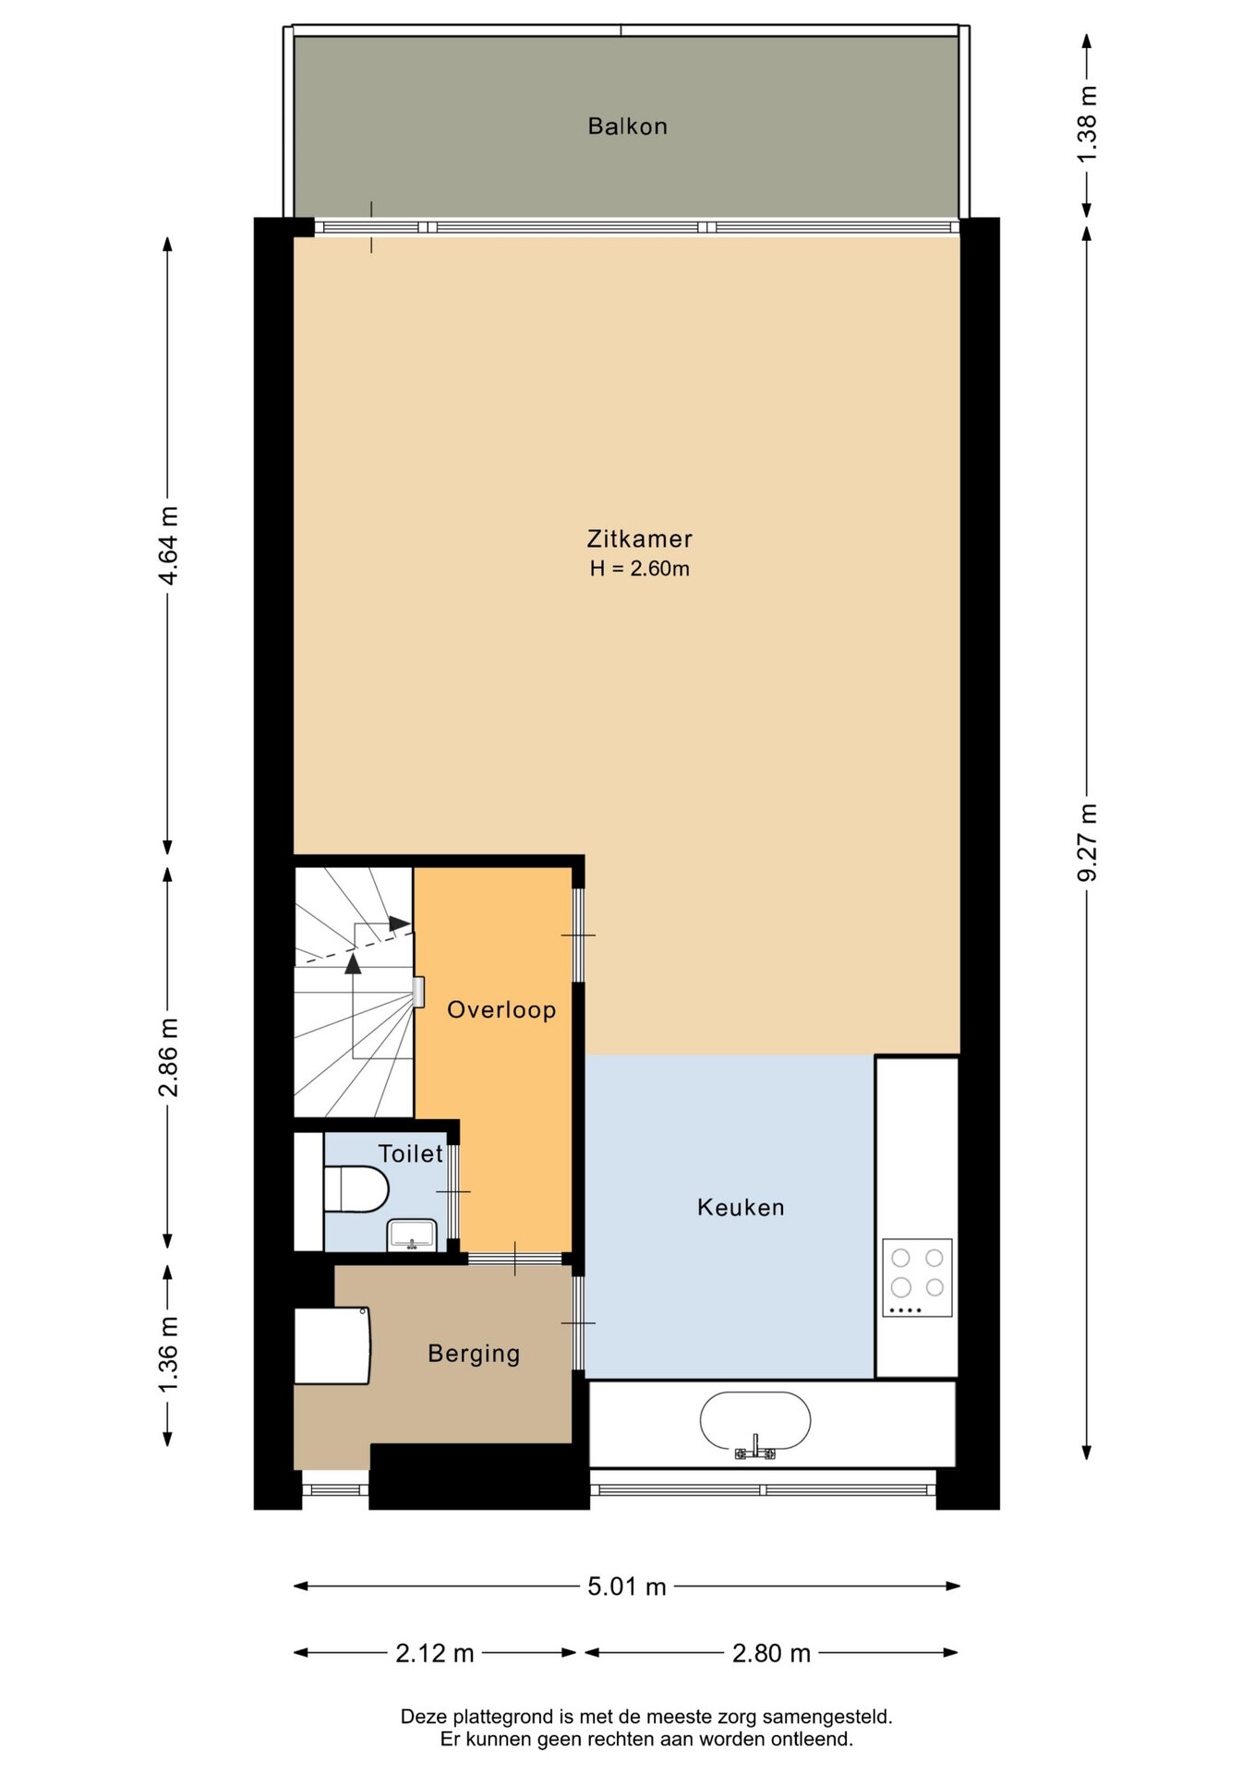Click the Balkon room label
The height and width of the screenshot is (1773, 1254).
(x=627, y=127)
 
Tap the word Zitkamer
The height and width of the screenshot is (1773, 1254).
(x=639, y=538)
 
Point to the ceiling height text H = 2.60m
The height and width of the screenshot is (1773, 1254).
(x=639, y=569)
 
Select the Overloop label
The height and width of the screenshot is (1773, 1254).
(x=501, y=1009)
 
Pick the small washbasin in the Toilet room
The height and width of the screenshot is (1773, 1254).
(x=412, y=1235)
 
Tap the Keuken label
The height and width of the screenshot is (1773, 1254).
(x=741, y=1207)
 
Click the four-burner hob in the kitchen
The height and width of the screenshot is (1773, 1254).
(x=917, y=1277)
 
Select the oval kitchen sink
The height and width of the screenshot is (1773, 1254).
(x=755, y=1422)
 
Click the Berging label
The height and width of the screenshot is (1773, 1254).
(x=474, y=1354)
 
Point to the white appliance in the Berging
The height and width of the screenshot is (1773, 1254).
(x=332, y=1345)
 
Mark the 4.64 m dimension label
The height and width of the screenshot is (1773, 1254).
(x=168, y=545)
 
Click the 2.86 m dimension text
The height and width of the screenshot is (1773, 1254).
(x=168, y=1057)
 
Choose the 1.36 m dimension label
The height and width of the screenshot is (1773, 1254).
(x=168, y=1355)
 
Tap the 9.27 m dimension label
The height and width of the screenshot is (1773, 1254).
(x=1087, y=842)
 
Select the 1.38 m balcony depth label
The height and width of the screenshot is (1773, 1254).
(x=1087, y=124)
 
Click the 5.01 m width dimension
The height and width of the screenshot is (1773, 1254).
(x=627, y=1586)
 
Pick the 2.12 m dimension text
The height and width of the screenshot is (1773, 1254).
(x=435, y=1653)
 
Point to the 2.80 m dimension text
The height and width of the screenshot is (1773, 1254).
(x=771, y=1653)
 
